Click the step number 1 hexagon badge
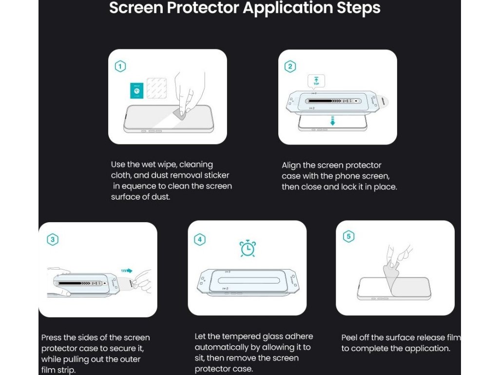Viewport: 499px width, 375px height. click(x=120, y=66)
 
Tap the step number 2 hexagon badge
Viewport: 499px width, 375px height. click(x=290, y=66)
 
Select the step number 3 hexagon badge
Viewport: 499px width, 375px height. click(x=53, y=239)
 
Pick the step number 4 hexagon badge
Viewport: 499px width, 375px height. click(x=199, y=239)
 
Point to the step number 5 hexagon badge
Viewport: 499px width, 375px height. click(x=348, y=236)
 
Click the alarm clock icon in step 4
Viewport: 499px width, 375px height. click(x=248, y=249)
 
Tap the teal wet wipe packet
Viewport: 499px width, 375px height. click(x=137, y=90)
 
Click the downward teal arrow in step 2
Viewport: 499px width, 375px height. click(x=332, y=121)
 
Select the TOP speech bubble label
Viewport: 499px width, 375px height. click(x=316, y=81)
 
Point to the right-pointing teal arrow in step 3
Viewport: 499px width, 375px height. click(x=127, y=271)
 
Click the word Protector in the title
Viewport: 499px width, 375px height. click(x=203, y=8)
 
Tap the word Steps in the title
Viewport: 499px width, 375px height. click(x=359, y=8)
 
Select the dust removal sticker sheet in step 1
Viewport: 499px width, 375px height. click(x=156, y=88)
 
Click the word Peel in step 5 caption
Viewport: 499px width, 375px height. click(x=349, y=337)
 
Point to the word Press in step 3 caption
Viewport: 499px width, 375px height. click(x=51, y=337)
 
